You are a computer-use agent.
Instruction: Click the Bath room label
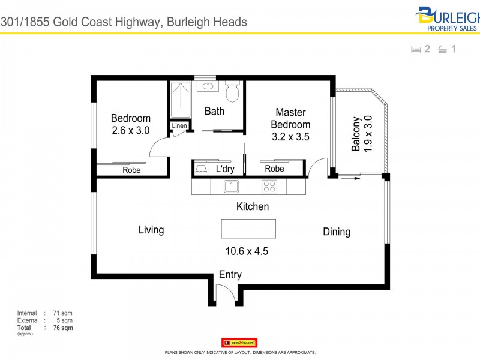click(x=214, y=111)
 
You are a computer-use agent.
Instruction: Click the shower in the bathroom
click(x=179, y=99)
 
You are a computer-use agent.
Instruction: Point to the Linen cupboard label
click(x=179, y=126)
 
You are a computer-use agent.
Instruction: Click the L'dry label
click(x=225, y=169)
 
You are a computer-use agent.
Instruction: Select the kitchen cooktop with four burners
click(x=269, y=186)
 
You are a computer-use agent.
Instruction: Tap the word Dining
click(x=337, y=232)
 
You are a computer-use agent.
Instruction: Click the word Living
click(x=151, y=229)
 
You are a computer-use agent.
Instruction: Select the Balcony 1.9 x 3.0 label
click(x=362, y=133)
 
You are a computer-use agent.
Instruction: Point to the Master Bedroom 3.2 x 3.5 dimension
click(x=291, y=136)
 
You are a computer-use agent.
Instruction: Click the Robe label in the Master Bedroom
click(x=274, y=169)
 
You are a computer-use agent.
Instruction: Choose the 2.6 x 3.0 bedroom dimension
click(x=130, y=130)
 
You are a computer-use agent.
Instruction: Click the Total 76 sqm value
click(x=63, y=328)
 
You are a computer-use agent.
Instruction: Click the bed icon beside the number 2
click(x=415, y=50)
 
